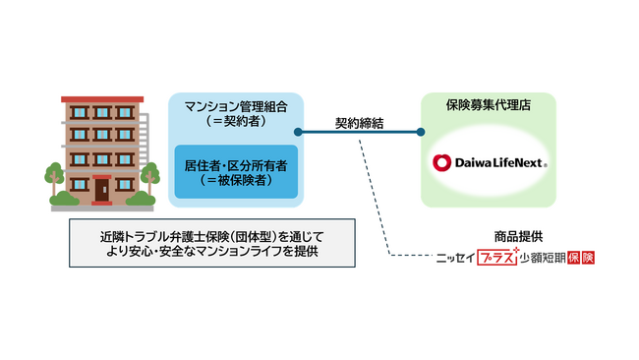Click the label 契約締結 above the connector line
tap(358, 122)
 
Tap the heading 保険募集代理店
tap(488, 105)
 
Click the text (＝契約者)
tap(234, 121)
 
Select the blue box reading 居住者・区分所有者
tap(234, 170)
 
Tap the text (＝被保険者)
tap(234, 180)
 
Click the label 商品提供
tap(519, 237)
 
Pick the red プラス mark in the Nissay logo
tap(496, 257)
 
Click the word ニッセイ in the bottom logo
tap(456, 258)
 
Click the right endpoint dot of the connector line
tap(421, 132)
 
